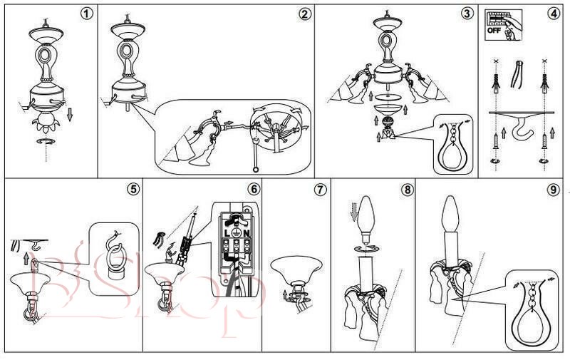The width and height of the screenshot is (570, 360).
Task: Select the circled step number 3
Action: (x=466, y=14)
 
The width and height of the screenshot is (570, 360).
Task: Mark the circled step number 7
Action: (x=320, y=190)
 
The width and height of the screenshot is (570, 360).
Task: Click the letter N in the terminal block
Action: (x=245, y=233)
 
